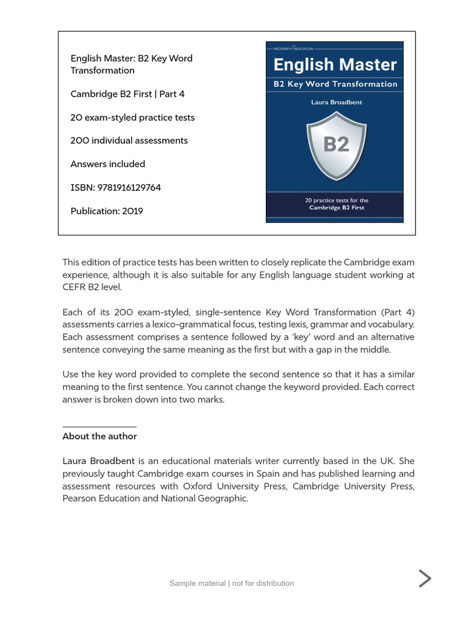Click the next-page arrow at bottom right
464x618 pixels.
[x=425, y=578]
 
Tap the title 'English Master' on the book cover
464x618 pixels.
[x=335, y=65]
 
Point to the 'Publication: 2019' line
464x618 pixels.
[x=107, y=211]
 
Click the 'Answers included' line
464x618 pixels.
[x=108, y=164]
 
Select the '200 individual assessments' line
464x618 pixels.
[x=129, y=141]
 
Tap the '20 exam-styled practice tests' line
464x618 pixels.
[x=132, y=118]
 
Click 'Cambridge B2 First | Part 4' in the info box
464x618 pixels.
[x=127, y=94]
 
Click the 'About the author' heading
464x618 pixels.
[x=100, y=436]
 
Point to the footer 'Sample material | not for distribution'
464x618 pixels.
[x=231, y=583]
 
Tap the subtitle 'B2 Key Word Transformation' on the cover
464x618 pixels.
[x=335, y=84]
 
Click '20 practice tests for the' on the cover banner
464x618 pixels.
[x=337, y=200]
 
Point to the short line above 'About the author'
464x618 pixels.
[x=99, y=427]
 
